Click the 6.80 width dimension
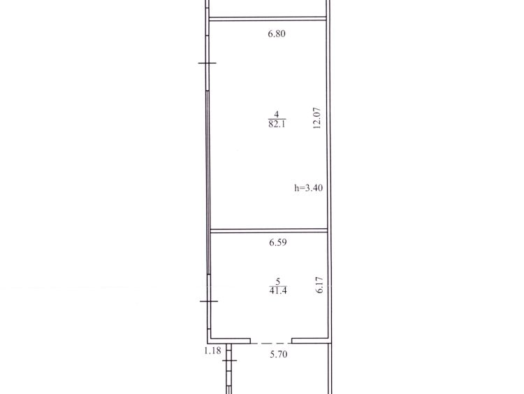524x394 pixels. (x=277, y=34)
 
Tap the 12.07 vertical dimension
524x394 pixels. (x=316, y=118)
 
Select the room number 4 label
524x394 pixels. (x=277, y=115)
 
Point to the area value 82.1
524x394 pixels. (x=277, y=124)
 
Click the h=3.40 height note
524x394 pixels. (x=308, y=188)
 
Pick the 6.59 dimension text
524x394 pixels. (x=278, y=242)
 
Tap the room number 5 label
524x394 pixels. (x=277, y=281)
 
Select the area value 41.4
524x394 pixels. (x=278, y=290)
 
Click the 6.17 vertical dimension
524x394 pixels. (x=319, y=285)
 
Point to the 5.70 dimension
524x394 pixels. (x=279, y=354)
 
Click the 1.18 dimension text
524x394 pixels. (x=212, y=351)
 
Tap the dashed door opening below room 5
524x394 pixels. (x=271, y=343)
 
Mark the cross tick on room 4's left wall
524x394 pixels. (x=208, y=63)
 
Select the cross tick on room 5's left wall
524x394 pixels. (x=209, y=302)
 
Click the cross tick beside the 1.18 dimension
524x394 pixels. (x=229, y=360)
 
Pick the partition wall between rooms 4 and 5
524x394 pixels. (x=269, y=231)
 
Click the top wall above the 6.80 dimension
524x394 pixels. (x=268, y=19)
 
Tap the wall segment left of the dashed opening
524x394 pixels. (x=231, y=341)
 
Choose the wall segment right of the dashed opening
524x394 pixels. (x=310, y=341)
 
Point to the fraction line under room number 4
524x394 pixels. (x=277, y=119)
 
